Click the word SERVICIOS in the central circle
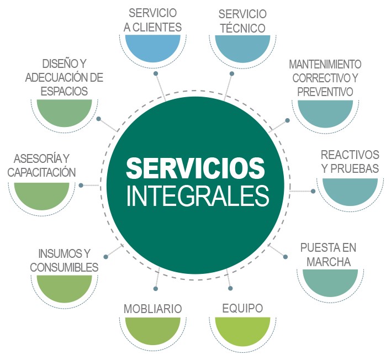(x=196, y=168)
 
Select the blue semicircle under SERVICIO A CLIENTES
(x=151, y=46)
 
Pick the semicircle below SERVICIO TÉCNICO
(x=242, y=46)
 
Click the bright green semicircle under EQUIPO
(x=242, y=329)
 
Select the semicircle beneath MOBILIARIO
(x=153, y=329)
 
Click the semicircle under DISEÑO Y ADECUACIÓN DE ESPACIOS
(x=64, y=111)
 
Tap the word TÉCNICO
(x=242, y=28)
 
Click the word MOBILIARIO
(x=152, y=308)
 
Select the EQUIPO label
(x=242, y=308)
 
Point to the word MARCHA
(x=330, y=262)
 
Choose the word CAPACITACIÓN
(x=41, y=172)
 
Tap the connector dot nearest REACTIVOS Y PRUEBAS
(x=313, y=191)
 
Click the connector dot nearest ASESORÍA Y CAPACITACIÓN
(x=81, y=186)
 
